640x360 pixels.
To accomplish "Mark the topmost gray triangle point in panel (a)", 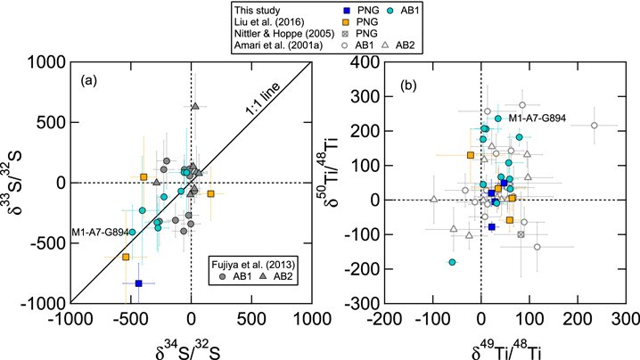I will [x=195, y=106].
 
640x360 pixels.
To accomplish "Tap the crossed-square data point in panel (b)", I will [x=521, y=234].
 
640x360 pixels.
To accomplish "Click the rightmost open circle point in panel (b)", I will [x=594, y=126].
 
